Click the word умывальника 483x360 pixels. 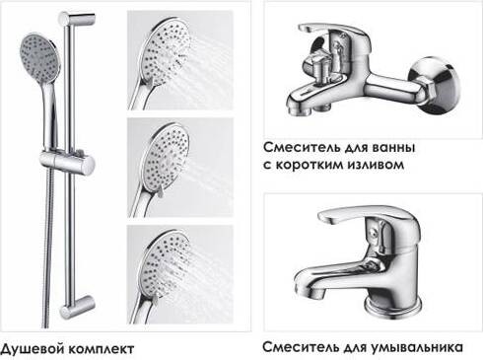coord(418,347)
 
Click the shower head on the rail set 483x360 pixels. coord(37,58)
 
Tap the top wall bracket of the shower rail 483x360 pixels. coord(76,18)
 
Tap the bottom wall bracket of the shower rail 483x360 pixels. coord(76,306)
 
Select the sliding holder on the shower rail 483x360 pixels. coord(67,162)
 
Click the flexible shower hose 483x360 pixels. coord(48,249)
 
